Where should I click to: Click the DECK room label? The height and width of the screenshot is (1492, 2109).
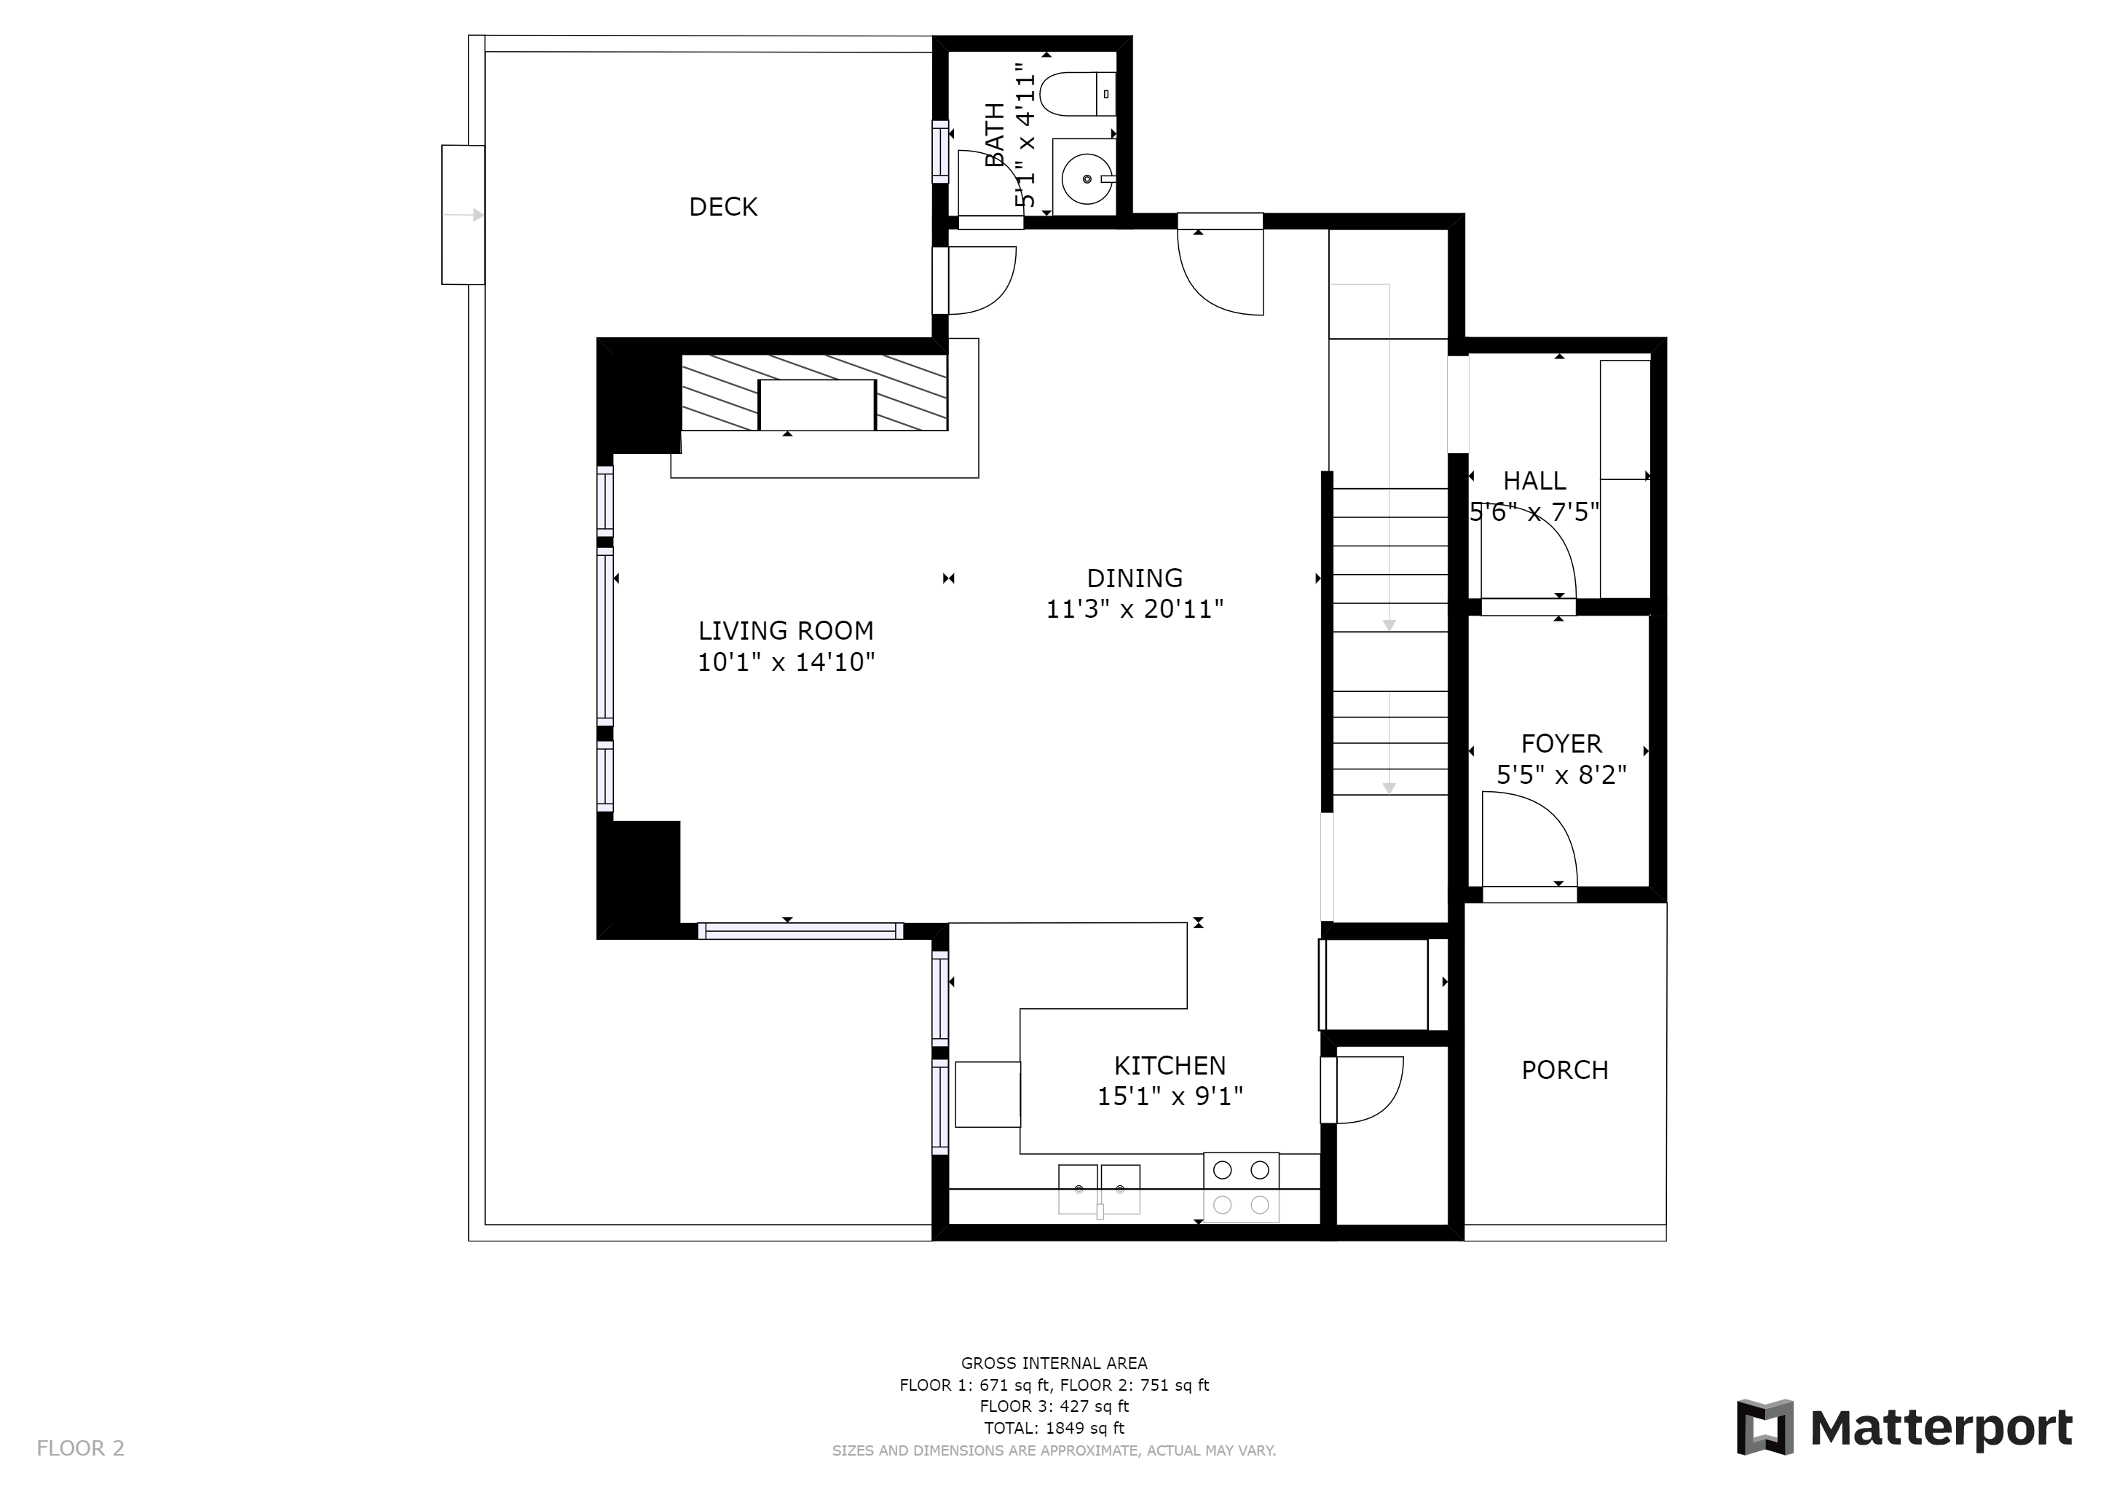(x=723, y=207)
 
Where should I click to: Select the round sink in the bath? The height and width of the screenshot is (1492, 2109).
(x=1087, y=179)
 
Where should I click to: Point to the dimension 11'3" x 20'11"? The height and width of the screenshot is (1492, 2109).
(x=1135, y=609)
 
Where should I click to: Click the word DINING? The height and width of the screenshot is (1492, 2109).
(x=1135, y=578)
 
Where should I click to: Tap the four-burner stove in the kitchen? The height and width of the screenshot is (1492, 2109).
(x=1241, y=1187)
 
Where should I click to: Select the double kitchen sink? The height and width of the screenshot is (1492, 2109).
(x=1100, y=1190)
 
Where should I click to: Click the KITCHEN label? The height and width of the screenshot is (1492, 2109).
(x=1170, y=1066)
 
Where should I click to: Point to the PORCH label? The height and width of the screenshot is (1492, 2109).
(x=1564, y=1070)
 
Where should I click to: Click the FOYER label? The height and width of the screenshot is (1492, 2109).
(x=1561, y=743)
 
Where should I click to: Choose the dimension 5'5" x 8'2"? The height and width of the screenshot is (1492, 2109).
(x=1561, y=775)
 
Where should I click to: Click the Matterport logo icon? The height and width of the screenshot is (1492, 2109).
(x=1764, y=1428)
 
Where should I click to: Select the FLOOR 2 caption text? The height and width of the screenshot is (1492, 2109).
(x=80, y=1449)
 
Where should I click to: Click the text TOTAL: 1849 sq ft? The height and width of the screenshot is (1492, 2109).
(x=1054, y=1429)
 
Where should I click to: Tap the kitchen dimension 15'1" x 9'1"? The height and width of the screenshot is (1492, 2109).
(x=1170, y=1097)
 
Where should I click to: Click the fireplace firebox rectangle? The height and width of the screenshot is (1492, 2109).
(x=816, y=405)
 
